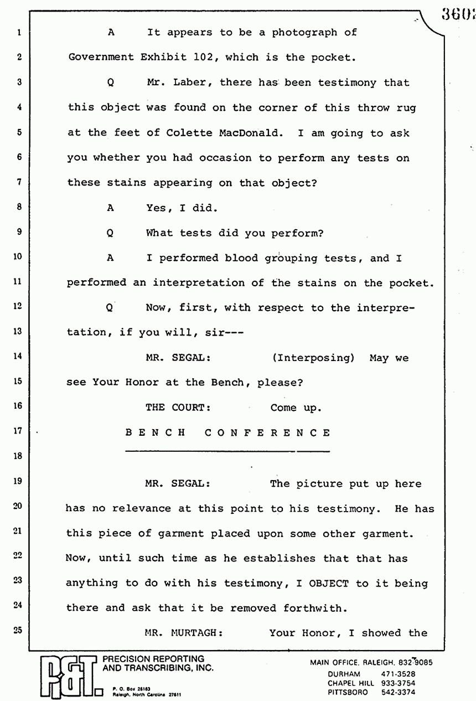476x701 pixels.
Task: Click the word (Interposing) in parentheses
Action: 313,358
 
